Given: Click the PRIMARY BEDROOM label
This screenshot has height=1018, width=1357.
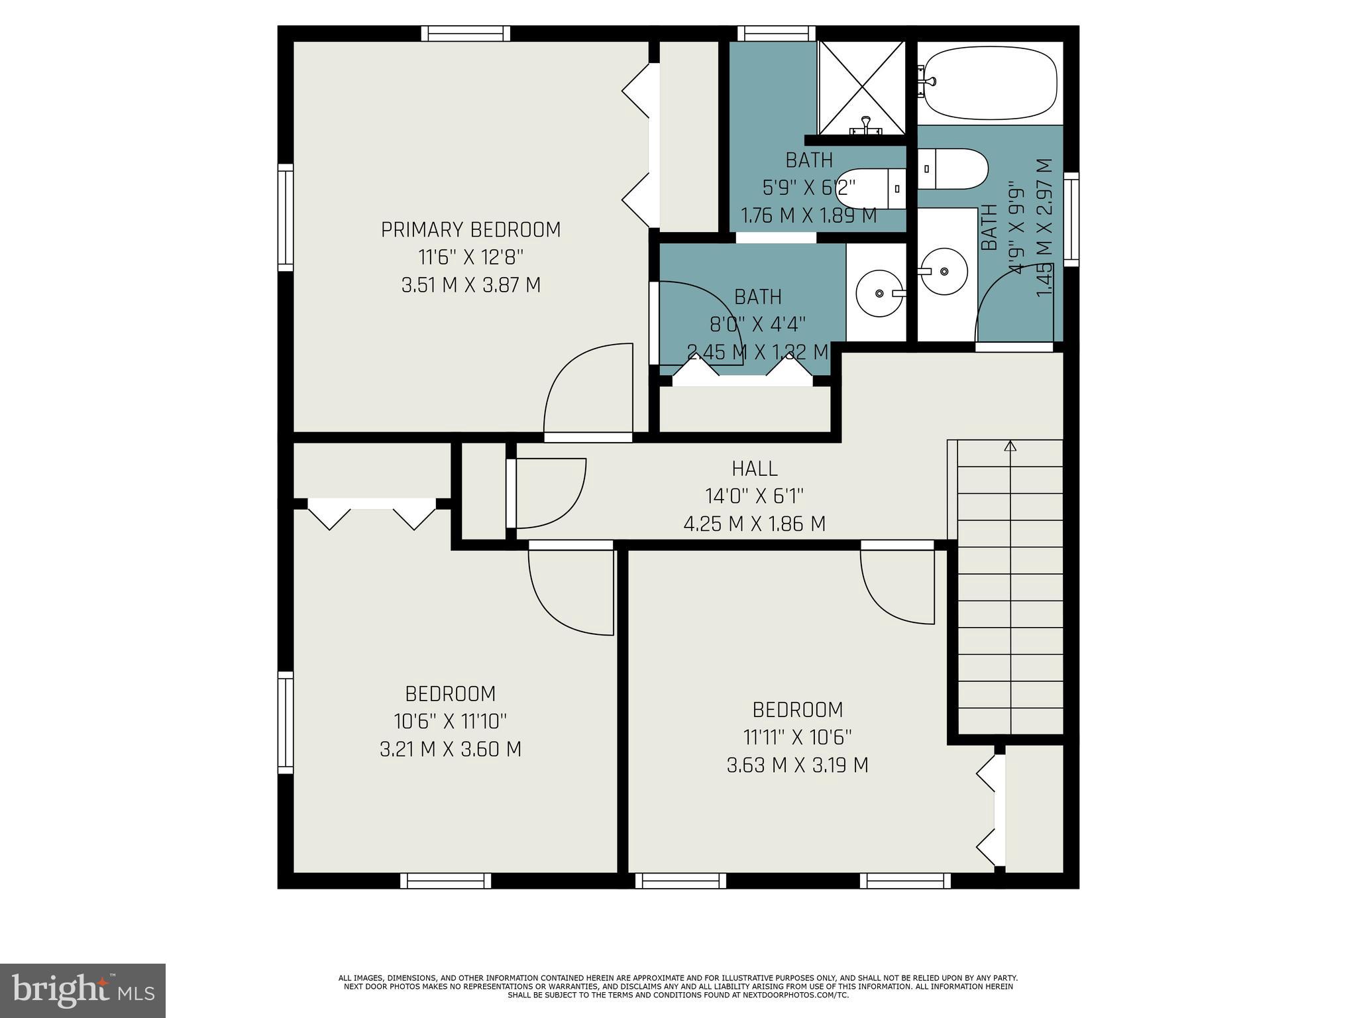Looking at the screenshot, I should (x=470, y=230).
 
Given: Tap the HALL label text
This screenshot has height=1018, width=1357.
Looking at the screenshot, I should (x=754, y=469).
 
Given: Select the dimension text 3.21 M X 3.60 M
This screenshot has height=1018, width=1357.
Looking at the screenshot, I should (x=450, y=750).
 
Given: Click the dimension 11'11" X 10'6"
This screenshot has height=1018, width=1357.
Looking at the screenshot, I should (x=797, y=737).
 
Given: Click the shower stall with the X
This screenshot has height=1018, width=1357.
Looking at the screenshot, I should (x=861, y=85).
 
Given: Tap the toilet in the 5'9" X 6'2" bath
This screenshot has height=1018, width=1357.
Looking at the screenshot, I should (x=868, y=189).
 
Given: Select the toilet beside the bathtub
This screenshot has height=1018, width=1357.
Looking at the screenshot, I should (x=952, y=168).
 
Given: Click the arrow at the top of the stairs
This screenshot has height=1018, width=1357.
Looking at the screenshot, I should (x=1010, y=446).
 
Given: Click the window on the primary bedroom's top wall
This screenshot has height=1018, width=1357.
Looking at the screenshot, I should (x=466, y=33).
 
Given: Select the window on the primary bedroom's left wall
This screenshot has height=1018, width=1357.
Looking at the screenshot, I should (x=285, y=217).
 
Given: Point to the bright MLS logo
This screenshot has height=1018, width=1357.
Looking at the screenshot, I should (x=83, y=990).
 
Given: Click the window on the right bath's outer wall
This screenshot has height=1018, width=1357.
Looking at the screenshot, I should (x=1071, y=219).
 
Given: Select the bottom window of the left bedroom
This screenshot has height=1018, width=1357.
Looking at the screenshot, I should (x=446, y=880).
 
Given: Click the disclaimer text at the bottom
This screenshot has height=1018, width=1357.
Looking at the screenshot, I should (x=678, y=986).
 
